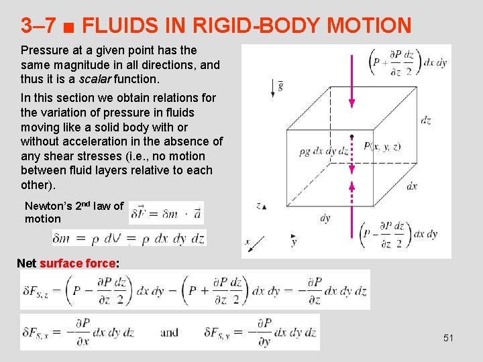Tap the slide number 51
448,338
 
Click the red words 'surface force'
78,263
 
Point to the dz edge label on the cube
425,121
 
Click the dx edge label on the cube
412,186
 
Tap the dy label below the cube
325,217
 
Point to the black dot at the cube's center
351,137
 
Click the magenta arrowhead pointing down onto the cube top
351,102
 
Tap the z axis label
258,205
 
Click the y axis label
294,242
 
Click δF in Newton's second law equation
140,213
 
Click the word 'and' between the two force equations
169,332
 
